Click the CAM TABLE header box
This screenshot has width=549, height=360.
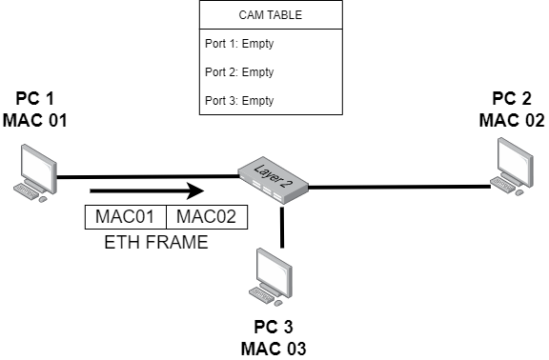point(271,14)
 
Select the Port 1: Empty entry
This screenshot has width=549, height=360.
point(239,44)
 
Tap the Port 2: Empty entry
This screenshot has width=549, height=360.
point(239,72)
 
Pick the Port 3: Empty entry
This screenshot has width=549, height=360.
point(239,101)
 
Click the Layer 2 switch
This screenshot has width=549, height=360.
point(273,178)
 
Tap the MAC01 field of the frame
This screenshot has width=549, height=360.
point(125,217)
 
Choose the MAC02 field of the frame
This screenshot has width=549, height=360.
point(207,217)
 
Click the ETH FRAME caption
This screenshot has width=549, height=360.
point(156,242)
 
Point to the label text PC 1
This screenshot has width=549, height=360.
point(36,99)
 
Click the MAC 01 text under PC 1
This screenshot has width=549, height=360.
point(36,120)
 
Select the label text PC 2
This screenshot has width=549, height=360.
point(512,99)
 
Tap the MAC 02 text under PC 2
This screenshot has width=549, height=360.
point(512,120)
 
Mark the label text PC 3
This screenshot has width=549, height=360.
point(274,328)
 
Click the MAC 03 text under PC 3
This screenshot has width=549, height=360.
point(274,349)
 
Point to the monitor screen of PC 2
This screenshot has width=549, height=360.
point(516,157)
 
